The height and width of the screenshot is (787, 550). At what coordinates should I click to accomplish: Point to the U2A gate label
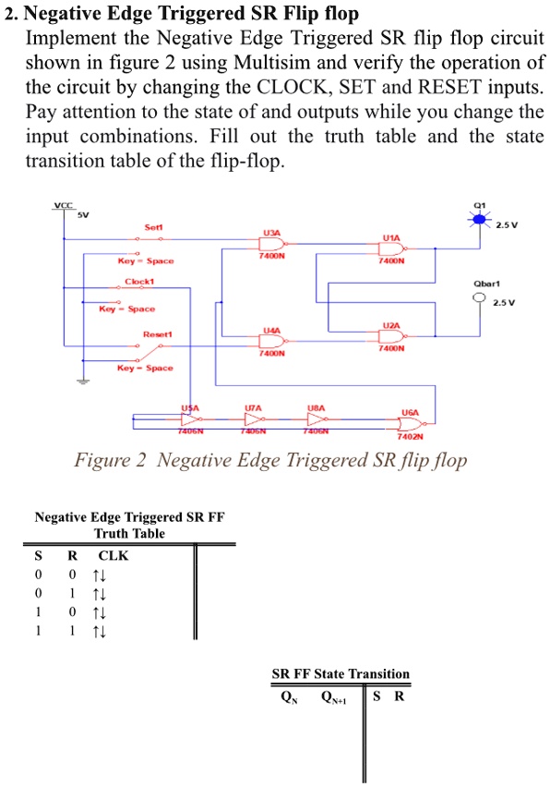(389, 326)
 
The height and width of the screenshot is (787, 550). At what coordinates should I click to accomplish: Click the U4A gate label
(271, 330)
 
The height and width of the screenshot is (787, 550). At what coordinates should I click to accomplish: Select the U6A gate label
(411, 413)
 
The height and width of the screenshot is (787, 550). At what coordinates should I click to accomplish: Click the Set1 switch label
(154, 227)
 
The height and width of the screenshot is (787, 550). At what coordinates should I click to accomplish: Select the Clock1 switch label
(139, 280)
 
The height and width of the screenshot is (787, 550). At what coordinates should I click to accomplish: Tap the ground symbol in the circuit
(83, 380)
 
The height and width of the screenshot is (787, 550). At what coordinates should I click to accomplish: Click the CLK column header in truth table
(113, 555)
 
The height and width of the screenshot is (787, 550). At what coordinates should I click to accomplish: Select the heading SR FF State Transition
(341, 673)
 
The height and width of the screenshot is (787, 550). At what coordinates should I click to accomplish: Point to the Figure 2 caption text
(270, 460)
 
